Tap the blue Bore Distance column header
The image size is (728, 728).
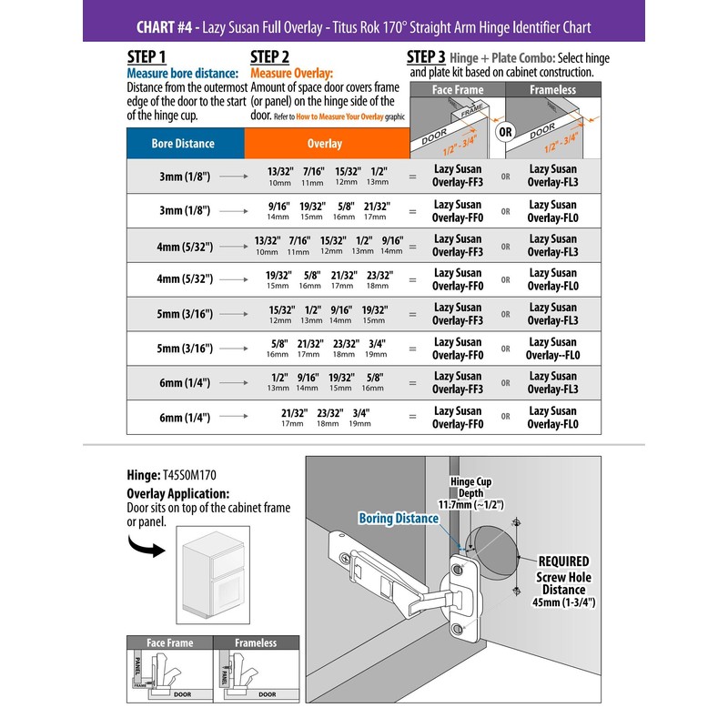(x=183, y=143)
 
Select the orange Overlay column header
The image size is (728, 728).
(x=324, y=144)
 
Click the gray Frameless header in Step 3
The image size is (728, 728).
(x=552, y=90)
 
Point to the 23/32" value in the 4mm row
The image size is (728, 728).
(x=379, y=275)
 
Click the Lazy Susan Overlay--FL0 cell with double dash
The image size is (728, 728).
(x=552, y=349)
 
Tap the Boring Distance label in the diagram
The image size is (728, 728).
(x=399, y=518)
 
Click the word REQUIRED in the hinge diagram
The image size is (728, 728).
(x=563, y=561)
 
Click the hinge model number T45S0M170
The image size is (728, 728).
(x=189, y=474)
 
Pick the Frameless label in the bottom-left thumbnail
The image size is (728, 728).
(x=255, y=642)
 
